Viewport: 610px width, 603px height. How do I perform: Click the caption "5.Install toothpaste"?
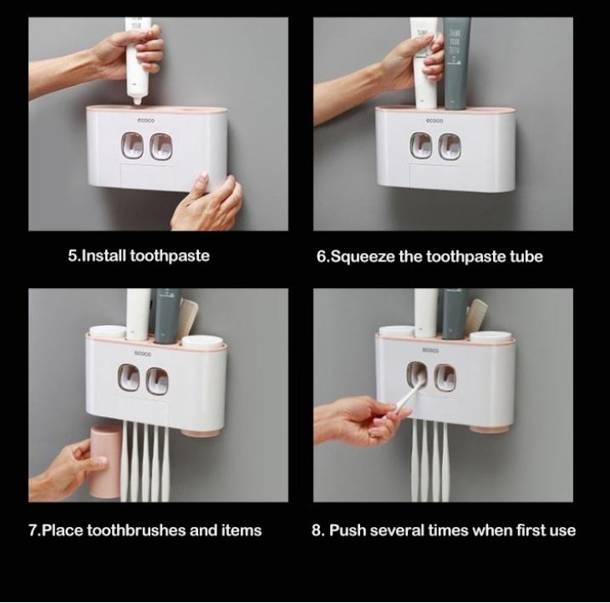point(138,256)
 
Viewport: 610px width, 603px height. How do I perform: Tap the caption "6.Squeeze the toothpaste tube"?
point(429,256)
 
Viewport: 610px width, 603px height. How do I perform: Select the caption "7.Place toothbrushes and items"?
point(145,530)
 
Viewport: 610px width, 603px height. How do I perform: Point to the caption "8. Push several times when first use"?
point(443,530)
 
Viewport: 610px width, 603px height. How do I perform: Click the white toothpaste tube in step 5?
point(137,58)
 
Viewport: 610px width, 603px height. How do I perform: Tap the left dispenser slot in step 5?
point(130,148)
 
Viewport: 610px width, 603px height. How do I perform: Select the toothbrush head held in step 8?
point(412,391)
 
